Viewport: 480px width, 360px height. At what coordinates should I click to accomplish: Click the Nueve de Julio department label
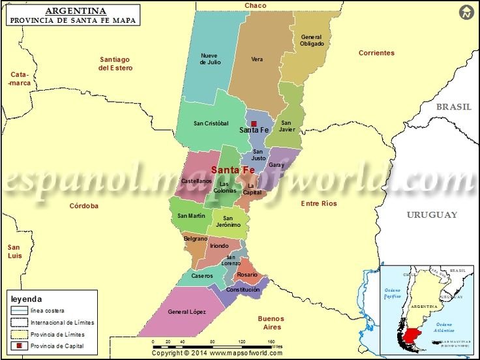210,59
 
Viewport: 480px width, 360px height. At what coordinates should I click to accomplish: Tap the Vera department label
257,59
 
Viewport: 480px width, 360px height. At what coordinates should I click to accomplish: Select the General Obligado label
312,40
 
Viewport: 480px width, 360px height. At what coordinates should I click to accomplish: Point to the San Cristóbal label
211,123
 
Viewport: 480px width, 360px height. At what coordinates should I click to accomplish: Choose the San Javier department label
288,126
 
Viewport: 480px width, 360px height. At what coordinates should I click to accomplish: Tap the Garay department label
276,165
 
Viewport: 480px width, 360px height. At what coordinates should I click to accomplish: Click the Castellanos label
196,181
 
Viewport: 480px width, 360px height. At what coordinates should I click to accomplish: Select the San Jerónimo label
228,222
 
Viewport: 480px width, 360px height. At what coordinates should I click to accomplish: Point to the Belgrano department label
196,239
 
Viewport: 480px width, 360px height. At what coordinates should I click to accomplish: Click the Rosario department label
247,275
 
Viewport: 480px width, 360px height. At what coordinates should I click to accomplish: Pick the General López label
187,312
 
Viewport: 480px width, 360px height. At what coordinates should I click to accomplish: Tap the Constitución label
243,290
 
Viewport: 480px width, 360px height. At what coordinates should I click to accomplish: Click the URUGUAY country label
432,215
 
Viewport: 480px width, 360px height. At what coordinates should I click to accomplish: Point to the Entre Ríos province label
319,204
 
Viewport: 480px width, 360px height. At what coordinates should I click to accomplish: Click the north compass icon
466,12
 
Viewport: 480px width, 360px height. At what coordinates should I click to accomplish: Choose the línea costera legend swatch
20,310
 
